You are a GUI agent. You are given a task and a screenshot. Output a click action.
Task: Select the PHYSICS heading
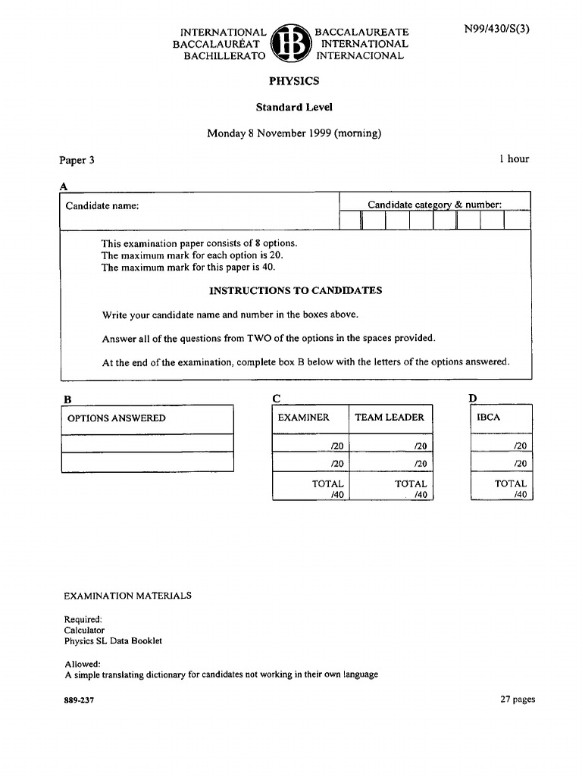[294, 81]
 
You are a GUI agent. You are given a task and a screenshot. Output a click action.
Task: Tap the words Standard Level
[294, 107]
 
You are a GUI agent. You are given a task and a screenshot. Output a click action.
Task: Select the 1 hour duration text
[514, 158]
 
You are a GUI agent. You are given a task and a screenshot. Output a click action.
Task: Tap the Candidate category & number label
[434, 204]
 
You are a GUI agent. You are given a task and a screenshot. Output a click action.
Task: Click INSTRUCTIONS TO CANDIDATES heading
[296, 290]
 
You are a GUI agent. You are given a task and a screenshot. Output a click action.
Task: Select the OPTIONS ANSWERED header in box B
[117, 418]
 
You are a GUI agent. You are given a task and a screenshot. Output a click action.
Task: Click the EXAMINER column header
[304, 418]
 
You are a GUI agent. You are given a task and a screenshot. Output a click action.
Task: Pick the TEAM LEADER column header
[390, 418]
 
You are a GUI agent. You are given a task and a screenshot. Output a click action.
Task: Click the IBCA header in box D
[489, 418]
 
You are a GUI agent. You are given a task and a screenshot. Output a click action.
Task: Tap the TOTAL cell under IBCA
[510, 489]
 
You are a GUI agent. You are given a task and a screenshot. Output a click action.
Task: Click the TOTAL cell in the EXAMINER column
[327, 489]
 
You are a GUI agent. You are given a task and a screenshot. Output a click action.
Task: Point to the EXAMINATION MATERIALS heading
[127, 596]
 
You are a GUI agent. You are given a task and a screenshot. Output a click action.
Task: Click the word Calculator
[84, 630]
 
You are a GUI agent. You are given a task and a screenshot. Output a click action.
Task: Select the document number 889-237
[79, 700]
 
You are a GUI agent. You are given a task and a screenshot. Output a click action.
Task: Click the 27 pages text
[518, 699]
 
